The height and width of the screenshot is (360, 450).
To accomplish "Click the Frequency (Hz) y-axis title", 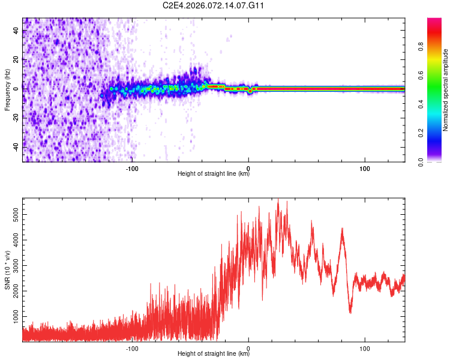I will pyautogui.click(x=7, y=89).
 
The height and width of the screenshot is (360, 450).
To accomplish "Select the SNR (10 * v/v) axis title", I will pyautogui.click(x=7, y=270).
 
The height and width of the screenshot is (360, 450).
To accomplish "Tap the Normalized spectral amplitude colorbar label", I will pyautogui.click(x=446, y=90).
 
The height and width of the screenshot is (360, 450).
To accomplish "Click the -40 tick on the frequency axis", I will pyautogui.click(x=16, y=146).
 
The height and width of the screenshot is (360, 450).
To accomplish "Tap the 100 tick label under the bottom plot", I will pyautogui.click(x=365, y=348).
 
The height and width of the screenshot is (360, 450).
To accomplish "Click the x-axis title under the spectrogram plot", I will pyautogui.click(x=214, y=175).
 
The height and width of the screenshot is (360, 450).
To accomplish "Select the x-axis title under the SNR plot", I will pyautogui.click(x=214, y=355).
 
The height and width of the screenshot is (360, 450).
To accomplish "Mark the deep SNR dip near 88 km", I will pyautogui.click(x=350, y=311).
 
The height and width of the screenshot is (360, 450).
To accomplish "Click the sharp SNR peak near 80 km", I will pyautogui.click(x=342, y=229).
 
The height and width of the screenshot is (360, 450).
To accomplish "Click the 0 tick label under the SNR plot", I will pyautogui.click(x=248, y=348).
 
